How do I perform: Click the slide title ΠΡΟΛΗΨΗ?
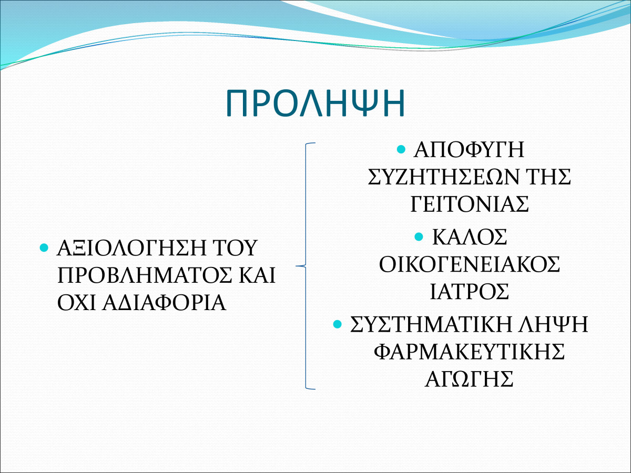[x=315, y=103]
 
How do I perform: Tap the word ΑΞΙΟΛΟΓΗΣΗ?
[x=131, y=248]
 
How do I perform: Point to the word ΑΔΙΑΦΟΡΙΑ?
[x=165, y=303]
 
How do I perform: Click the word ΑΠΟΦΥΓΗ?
[x=469, y=149]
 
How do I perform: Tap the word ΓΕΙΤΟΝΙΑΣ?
[x=470, y=204]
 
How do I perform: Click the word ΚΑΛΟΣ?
[x=470, y=237]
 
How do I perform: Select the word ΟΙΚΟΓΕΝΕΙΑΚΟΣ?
[x=470, y=264]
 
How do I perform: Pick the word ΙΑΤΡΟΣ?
[x=470, y=292]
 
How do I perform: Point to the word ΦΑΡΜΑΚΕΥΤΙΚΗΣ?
[x=470, y=352]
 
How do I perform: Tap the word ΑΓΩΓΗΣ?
[x=469, y=379]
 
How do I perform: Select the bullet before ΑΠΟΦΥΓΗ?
[x=401, y=149]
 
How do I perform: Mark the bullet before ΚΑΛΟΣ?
[x=419, y=236]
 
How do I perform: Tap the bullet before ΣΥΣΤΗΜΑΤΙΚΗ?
[x=337, y=324]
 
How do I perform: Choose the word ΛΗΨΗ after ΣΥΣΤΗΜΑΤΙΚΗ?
[x=553, y=324]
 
